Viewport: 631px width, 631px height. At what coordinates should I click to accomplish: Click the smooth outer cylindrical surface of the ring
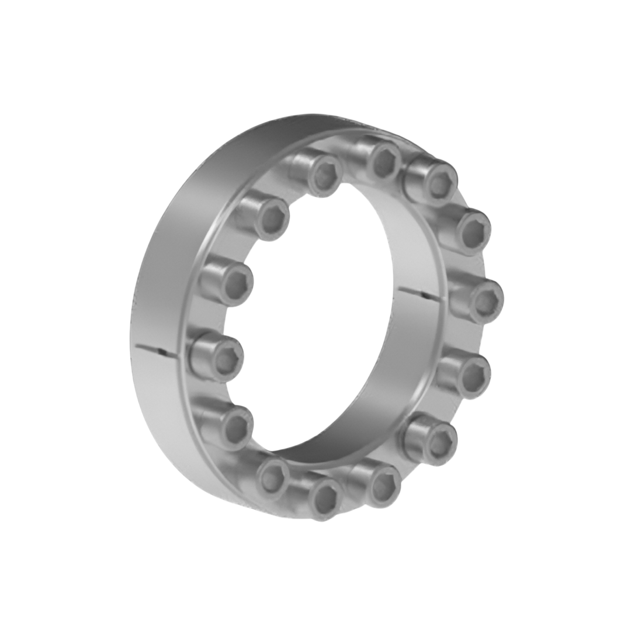pyautogui.click(x=175, y=245)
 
